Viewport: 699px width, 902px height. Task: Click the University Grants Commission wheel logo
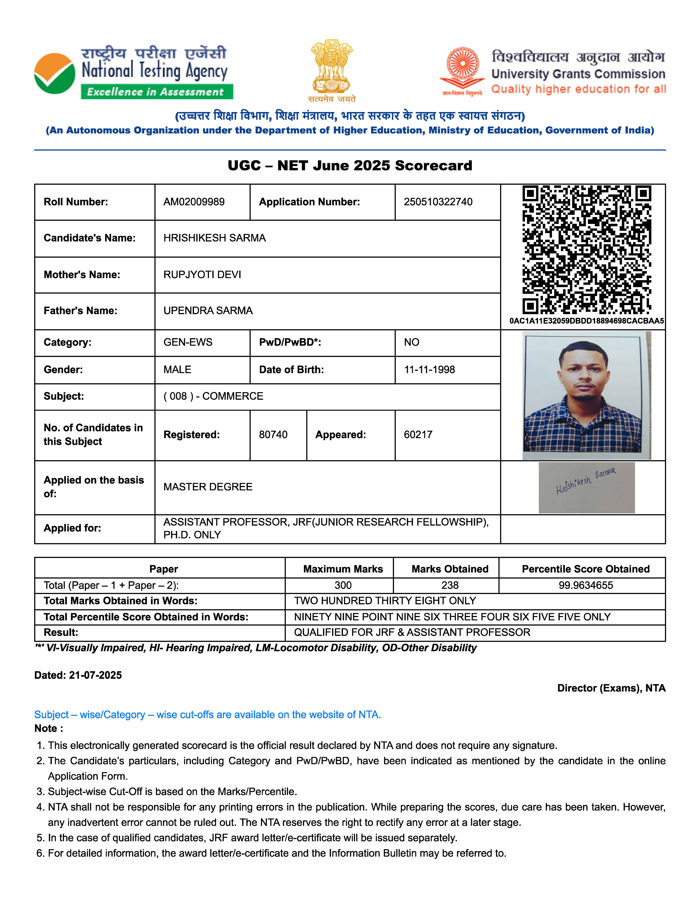click(463, 66)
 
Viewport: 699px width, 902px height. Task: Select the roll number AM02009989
click(194, 202)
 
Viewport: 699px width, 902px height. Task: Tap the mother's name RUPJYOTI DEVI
click(202, 275)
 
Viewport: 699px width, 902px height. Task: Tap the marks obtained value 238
click(450, 585)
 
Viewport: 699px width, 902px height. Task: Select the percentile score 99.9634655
click(586, 585)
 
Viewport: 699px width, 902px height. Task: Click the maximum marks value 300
click(343, 585)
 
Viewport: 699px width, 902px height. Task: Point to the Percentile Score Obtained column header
click(586, 569)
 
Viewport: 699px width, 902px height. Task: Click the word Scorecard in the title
click(433, 166)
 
